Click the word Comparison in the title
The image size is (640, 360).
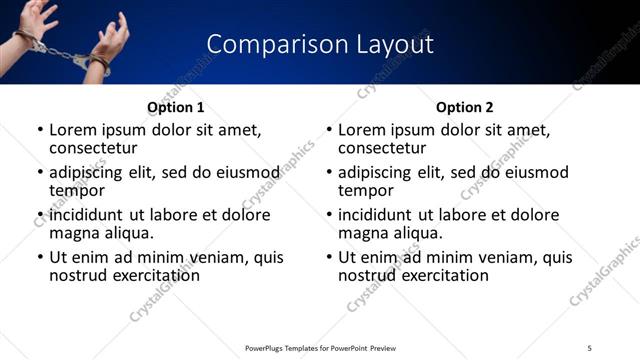[x=267, y=45]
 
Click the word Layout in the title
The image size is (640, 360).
[x=396, y=45]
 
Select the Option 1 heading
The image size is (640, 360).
[x=175, y=107]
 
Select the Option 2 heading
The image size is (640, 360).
[x=464, y=107]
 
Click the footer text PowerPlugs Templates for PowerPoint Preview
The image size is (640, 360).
[x=321, y=347]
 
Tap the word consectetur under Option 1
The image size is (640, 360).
[x=93, y=148]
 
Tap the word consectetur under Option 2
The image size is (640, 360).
[x=382, y=148]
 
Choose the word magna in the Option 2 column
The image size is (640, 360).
[x=361, y=233]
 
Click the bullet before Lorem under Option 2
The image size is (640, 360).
[x=329, y=131]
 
